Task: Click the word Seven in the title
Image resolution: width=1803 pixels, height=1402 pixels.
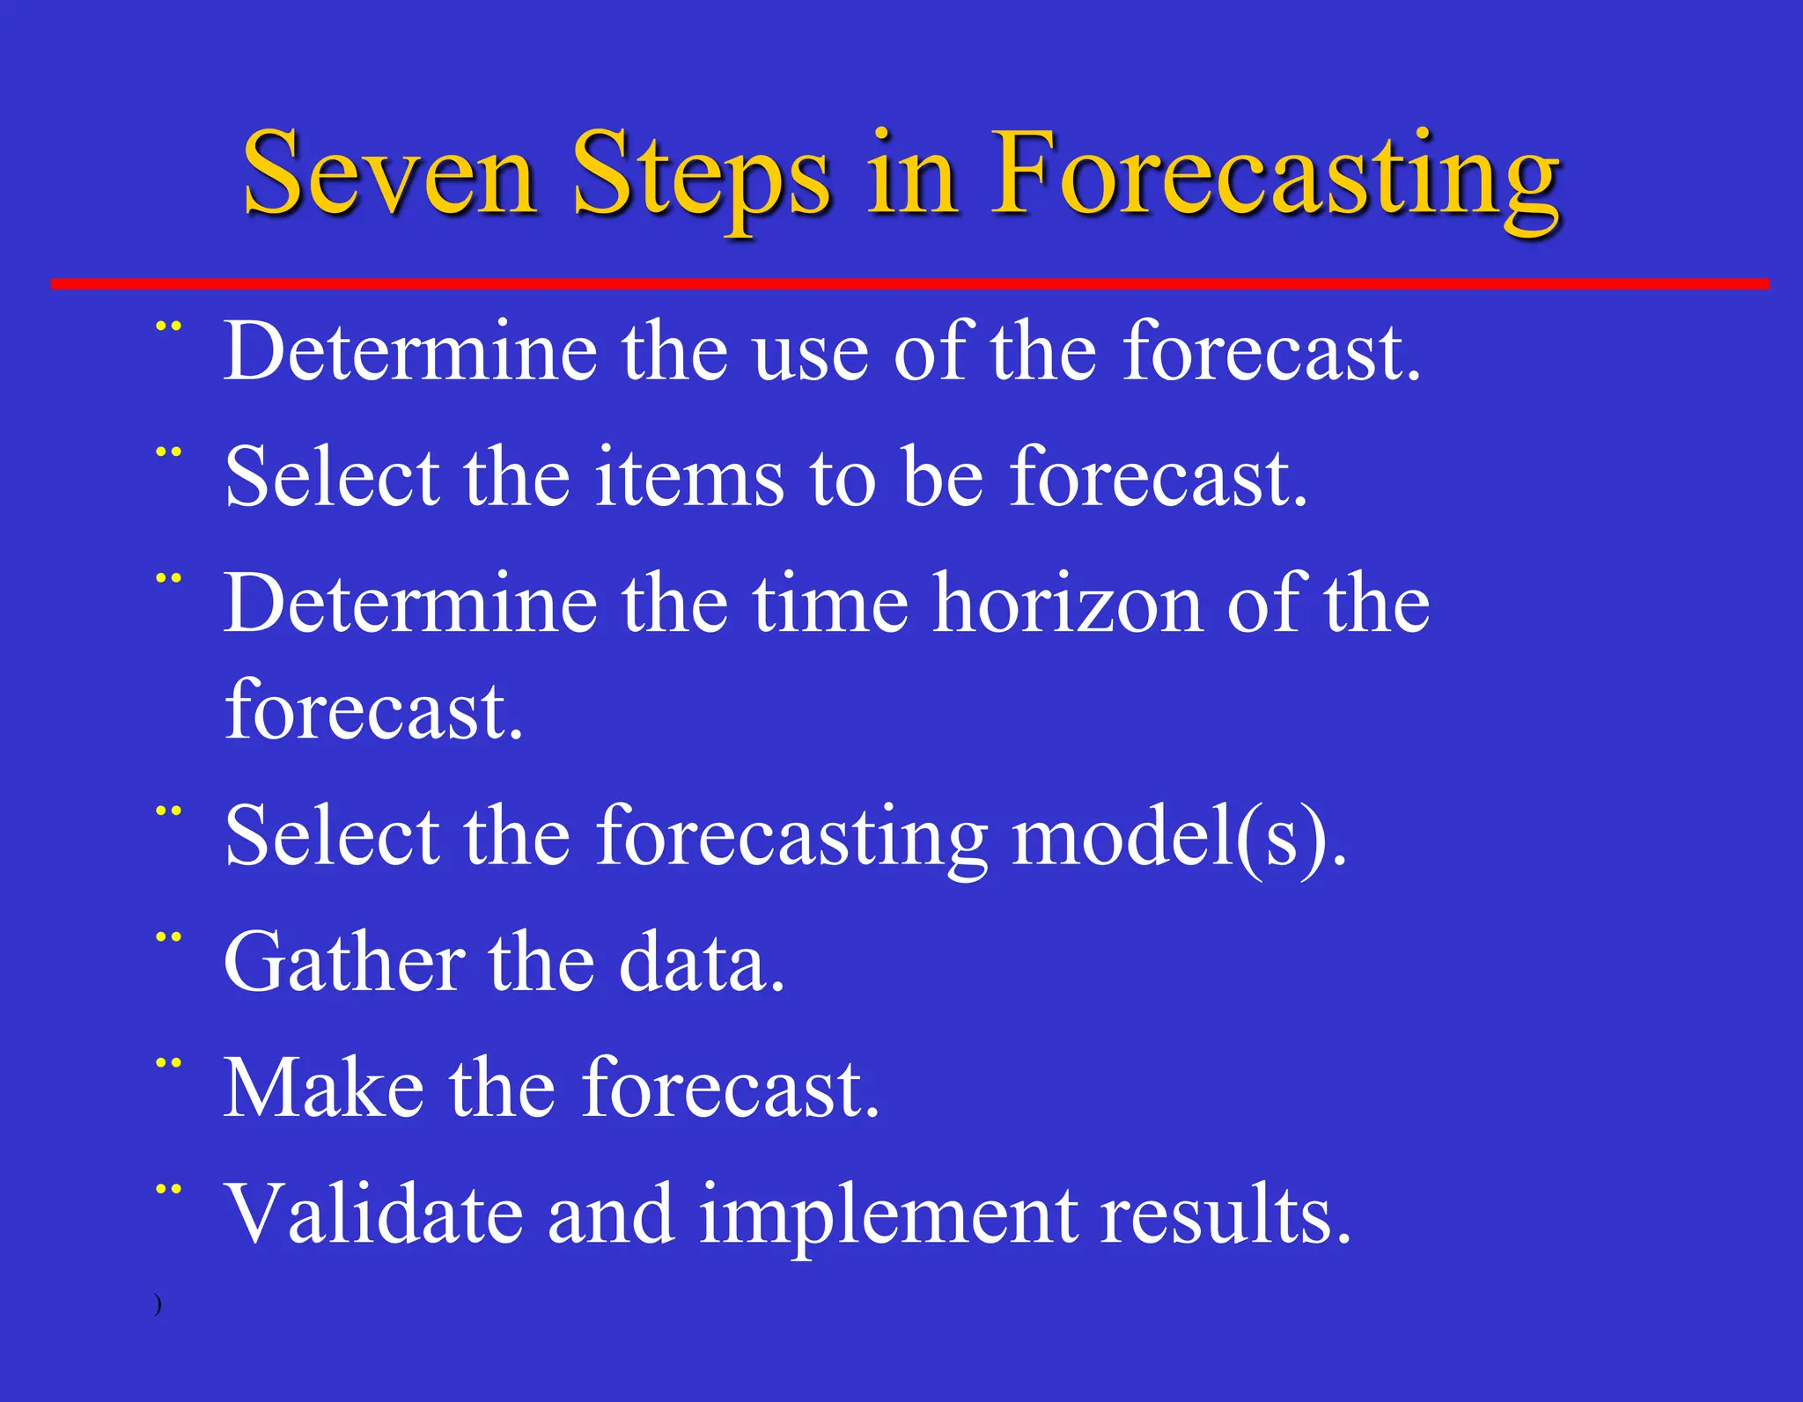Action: point(389,172)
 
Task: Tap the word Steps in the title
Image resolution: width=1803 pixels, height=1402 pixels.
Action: point(701,176)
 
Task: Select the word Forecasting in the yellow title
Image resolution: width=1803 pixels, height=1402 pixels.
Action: point(1276,176)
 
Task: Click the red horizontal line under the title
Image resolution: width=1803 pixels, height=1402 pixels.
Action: point(909,283)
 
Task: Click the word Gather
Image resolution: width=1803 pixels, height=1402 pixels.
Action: point(344,962)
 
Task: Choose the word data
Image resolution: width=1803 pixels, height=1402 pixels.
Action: point(701,962)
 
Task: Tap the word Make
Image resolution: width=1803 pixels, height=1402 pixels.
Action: point(323,1089)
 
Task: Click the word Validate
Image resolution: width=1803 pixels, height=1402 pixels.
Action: point(373,1215)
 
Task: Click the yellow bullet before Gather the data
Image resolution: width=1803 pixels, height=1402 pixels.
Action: point(168,938)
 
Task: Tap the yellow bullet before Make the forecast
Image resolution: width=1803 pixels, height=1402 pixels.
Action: point(168,1064)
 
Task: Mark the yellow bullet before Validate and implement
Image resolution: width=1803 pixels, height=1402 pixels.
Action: point(168,1191)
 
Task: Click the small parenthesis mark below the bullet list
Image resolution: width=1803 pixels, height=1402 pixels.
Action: point(158,1304)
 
